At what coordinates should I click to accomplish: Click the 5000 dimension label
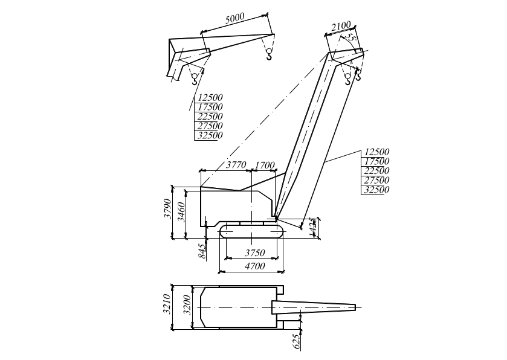(234, 18)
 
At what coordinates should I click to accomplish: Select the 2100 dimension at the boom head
(341, 26)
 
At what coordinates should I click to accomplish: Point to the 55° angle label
(351, 39)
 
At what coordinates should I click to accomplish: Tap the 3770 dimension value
(236, 165)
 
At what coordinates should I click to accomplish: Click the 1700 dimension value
(265, 166)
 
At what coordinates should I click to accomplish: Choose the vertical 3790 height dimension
(168, 208)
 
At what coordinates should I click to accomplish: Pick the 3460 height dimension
(181, 211)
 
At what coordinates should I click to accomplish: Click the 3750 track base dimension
(254, 252)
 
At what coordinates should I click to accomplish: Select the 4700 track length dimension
(255, 266)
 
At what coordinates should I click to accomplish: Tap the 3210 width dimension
(167, 303)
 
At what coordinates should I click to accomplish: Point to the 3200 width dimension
(187, 305)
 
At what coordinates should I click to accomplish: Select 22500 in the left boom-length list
(210, 117)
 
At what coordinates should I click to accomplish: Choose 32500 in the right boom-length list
(376, 190)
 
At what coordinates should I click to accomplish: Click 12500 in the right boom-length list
(377, 152)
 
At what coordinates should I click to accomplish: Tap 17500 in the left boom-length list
(210, 107)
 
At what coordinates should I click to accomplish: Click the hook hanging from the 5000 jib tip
(269, 54)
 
